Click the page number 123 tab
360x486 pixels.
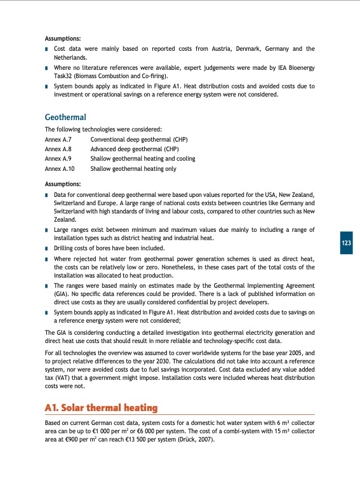point(346,243)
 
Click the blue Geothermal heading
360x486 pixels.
point(65,117)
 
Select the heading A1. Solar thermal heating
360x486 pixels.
point(101,407)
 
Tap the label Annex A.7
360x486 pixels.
point(59,138)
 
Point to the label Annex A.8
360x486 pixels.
point(59,149)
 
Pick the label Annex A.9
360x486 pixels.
point(59,159)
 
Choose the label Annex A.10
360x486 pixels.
point(60,169)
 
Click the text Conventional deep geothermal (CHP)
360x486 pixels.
point(139,138)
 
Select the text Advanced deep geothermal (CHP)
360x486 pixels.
point(135,149)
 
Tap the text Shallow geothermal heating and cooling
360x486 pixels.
point(143,159)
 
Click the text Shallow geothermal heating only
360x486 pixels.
point(133,169)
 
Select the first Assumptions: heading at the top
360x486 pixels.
point(62,38)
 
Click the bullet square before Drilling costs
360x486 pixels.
point(48,248)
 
